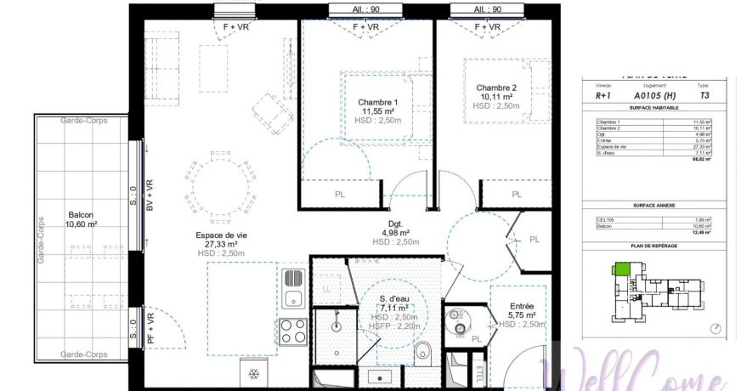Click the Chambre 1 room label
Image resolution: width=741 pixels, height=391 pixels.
point(377,103)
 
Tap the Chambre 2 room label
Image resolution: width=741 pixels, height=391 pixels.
point(495,88)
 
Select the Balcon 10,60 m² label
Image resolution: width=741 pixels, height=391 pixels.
point(82,216)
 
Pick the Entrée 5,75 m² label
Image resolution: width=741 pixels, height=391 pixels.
point(521,306)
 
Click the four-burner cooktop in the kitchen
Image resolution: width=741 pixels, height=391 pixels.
point(294,331)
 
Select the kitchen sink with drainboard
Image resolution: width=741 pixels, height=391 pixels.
point(294,287)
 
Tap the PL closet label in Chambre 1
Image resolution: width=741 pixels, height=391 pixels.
point(340,195)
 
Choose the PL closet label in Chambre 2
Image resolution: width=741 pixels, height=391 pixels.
point(516,195)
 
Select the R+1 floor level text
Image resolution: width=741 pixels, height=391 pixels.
point(604,96)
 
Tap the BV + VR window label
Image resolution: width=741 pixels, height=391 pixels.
point(150,195)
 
